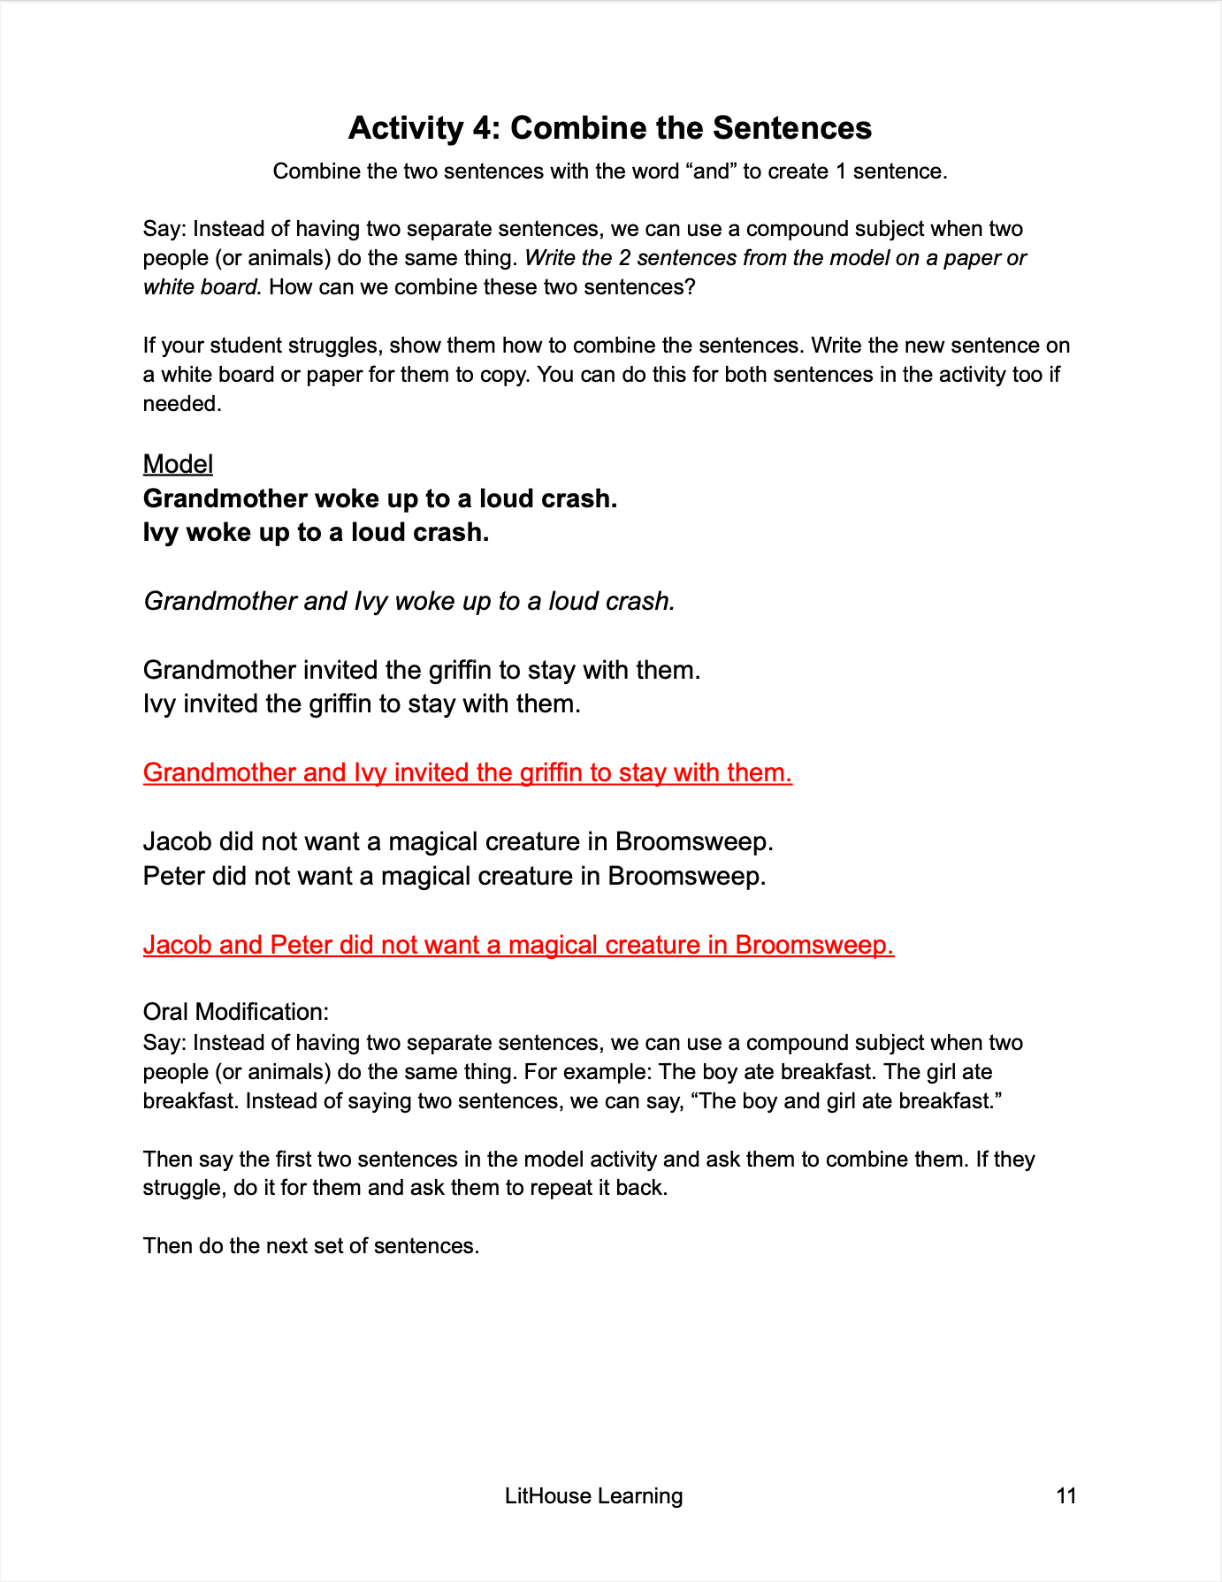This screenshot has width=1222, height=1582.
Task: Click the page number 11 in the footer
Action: pos(1065,1495)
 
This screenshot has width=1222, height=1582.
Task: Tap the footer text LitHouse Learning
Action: pos(593,1495)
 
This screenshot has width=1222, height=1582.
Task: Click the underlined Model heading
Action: pos(178,464)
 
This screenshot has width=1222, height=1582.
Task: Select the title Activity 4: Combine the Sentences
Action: pos(609,128)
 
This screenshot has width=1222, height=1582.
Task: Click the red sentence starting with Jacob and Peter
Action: pos(518,945)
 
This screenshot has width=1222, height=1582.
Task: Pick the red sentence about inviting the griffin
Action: pos(467,772)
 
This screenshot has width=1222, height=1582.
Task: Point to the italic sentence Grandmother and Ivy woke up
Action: pos(409,601)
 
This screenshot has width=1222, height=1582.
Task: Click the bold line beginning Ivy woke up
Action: pos(316,532)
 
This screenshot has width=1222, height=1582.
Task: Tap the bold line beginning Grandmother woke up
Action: pos(380,498)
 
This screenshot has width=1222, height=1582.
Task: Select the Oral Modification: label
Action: pos(236,1012)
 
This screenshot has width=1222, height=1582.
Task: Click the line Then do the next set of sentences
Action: pos(310,1245)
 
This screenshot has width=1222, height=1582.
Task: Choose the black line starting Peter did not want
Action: pos(454,876)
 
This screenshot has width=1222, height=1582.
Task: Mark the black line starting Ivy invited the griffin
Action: pos(362,704)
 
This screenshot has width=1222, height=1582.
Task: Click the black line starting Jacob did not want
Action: pos(458,841)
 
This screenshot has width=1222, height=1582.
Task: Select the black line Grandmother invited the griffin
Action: pos(422,670)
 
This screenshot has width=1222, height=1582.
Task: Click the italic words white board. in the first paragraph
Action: pos(202,287)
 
